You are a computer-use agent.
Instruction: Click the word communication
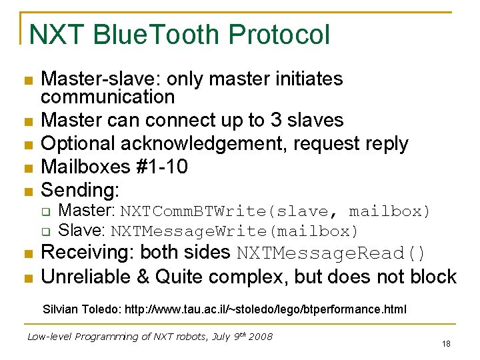pos(107,97)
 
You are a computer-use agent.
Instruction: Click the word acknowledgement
pos(197,144)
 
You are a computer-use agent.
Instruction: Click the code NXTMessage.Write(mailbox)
pos(234,231)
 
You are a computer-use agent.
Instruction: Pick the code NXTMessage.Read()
pos(331,254)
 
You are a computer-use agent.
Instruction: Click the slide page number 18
pos(446,344)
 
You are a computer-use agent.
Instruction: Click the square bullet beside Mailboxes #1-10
pos(27,168)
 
